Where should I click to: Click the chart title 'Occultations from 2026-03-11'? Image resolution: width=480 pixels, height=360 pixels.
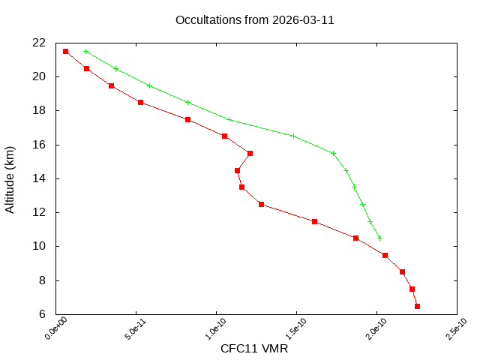tap(254, 19)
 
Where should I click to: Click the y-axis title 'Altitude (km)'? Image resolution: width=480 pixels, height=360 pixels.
tap(10, 178)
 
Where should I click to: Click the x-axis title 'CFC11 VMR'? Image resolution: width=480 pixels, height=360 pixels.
tap(254, 349)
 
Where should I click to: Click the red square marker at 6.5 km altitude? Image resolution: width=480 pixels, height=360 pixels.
tap(417, 306)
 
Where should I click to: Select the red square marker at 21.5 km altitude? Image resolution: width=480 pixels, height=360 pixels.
tap(66, 51)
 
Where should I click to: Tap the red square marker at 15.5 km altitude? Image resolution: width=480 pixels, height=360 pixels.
tap(250, 153)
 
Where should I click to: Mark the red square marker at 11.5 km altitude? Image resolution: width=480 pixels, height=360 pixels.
tap(314, 221)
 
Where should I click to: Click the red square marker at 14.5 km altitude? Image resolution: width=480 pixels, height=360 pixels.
tap(237, 170)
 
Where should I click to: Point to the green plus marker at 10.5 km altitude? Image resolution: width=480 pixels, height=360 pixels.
tap(379, 238)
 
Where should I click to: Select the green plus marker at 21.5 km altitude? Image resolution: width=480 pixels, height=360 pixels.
tap(86, 51)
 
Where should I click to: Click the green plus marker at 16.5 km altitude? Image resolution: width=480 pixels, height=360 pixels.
tap(293, 136)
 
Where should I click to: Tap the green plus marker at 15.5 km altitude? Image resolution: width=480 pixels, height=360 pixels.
tap(333, 153)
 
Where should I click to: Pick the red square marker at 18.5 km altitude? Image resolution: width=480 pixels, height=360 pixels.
tap(140, 102)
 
